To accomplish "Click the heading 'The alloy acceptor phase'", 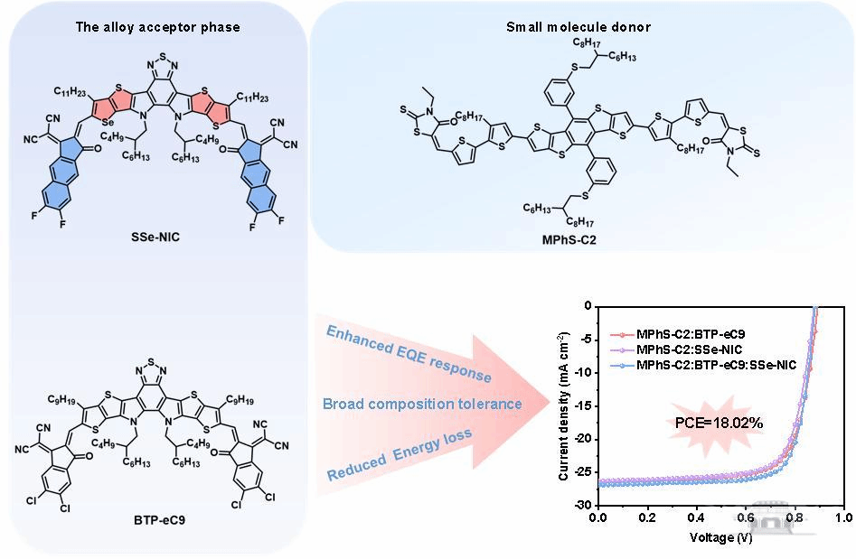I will point(157,27).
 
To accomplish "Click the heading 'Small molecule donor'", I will point(579,27).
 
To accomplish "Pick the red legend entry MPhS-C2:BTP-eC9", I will point(691,335).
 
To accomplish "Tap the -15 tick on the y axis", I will point(581,405).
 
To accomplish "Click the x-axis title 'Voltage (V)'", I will point(720,537).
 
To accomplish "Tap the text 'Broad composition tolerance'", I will point(422,404).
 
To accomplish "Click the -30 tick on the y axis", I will point(581,505).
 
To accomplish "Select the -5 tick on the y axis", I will point(584,339).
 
